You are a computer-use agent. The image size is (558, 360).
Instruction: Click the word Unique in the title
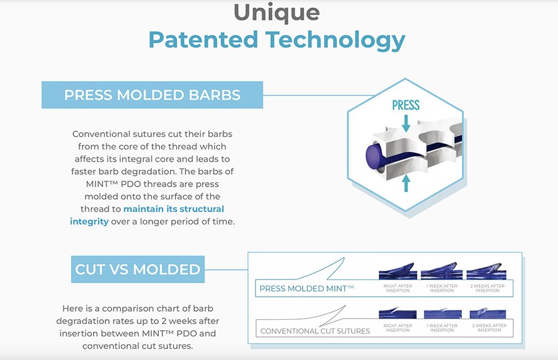pos(277,12)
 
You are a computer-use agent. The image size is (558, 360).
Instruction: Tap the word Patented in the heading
pos(203,40)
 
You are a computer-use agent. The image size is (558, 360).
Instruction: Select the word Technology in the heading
pos(335,40)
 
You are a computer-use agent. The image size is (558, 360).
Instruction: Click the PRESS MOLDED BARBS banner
pos(153,95)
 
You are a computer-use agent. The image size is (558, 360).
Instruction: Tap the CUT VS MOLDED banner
pos(138,270)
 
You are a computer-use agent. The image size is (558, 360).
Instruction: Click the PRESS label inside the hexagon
pos(405,105)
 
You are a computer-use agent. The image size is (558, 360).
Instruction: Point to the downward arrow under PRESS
pos(405,123)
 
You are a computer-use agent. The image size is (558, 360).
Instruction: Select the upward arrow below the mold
pos(405,183)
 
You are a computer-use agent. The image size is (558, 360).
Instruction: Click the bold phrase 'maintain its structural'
pos(174,209)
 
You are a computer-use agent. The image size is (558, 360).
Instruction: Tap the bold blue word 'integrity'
pos(89,222)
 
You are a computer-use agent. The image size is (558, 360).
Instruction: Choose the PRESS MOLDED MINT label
pos(306,289)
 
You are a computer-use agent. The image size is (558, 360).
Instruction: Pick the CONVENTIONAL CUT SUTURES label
pos(315,331)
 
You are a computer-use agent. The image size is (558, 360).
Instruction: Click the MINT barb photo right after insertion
pos(398,271)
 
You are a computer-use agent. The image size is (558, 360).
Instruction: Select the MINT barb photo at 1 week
pos(441,271)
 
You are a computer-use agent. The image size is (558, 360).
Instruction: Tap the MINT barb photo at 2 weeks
pos(486,271)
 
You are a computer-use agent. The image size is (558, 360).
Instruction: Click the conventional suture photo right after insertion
pos(397,313)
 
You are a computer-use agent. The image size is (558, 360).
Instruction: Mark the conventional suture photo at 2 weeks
pos(488,313)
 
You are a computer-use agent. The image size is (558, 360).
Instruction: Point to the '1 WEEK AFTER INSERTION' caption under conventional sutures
pos(442,328)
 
